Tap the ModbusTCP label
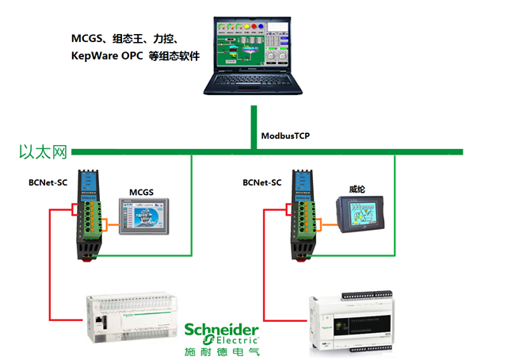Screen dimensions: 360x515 pyautogui.click(x=285, y=136)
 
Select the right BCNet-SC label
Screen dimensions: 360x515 pyautogui.click(x=262, y=183)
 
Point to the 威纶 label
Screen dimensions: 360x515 pyautogui.click(x=357, y=189)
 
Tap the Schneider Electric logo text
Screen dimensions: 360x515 pyautogui.click(x=223, y=332)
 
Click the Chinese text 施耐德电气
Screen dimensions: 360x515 pyautogui.click(x=223, y=350)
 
